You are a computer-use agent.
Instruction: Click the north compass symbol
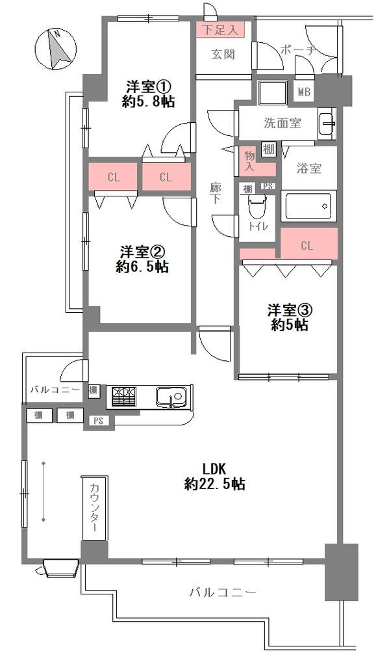56,49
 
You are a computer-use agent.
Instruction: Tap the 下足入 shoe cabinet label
221,30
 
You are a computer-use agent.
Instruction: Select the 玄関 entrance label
223,54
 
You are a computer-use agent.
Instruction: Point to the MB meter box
304,91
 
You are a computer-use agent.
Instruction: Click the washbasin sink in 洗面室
327,123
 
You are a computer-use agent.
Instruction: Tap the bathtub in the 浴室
308,206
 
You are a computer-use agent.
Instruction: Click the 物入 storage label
249,161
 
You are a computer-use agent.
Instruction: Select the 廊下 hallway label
216,193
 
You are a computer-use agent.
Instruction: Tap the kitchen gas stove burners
124,397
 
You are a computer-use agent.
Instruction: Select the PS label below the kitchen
99,421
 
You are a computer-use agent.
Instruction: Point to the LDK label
216,469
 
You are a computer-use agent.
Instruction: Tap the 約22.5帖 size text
215,484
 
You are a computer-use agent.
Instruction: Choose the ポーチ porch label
298,50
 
